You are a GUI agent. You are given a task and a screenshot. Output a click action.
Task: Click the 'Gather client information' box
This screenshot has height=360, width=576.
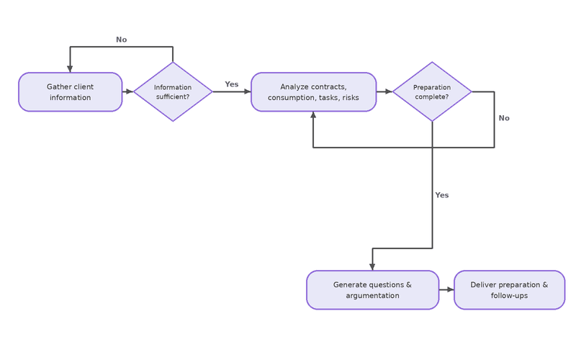coord(70,92)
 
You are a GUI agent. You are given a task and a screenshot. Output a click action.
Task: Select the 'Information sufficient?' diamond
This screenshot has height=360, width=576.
coord(173,91)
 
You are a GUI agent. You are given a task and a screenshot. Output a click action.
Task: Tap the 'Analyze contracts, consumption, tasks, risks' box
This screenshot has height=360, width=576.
coord(313,92)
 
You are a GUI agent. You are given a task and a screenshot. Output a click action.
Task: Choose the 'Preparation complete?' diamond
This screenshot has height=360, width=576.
coord(432,91)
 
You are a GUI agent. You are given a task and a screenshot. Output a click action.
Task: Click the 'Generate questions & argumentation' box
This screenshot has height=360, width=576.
coord(372,290)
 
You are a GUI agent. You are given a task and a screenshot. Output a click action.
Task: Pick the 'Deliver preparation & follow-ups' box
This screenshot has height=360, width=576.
coord(509,290)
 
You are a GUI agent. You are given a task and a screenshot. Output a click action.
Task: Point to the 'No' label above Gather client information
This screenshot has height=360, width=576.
coord(121,40)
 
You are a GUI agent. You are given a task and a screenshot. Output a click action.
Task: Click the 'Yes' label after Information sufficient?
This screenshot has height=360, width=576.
coord(231,84)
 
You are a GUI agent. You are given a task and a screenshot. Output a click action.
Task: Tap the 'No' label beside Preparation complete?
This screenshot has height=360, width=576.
coord(504,118)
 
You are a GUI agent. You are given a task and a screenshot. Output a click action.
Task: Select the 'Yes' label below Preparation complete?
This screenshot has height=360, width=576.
coord(442,195)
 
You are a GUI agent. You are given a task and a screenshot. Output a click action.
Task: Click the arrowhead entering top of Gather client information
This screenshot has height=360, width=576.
coord(70,69)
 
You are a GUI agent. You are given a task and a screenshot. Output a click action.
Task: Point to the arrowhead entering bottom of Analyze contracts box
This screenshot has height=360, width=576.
coord(313,114)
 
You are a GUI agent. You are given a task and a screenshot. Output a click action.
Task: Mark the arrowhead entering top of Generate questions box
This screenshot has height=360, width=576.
coord(372,267)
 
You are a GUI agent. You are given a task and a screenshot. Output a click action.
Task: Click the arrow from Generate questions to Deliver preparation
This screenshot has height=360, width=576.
coord(446,290)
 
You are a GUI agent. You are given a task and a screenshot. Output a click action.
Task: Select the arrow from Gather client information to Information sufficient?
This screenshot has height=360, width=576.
coord(128,91)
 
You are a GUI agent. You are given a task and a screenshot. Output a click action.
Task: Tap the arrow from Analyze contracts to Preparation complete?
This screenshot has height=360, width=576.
coord(384,91)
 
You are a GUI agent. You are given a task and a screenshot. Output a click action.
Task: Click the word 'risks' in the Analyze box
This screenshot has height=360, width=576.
coord(351,97)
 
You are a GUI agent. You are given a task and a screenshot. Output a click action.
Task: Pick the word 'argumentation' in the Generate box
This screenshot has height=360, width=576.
coord(372,295)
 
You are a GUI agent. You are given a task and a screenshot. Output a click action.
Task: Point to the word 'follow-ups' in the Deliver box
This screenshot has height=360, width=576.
coord(509,295)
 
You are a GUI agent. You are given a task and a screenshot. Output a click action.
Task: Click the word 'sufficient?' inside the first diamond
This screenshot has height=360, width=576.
coord(173,96)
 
